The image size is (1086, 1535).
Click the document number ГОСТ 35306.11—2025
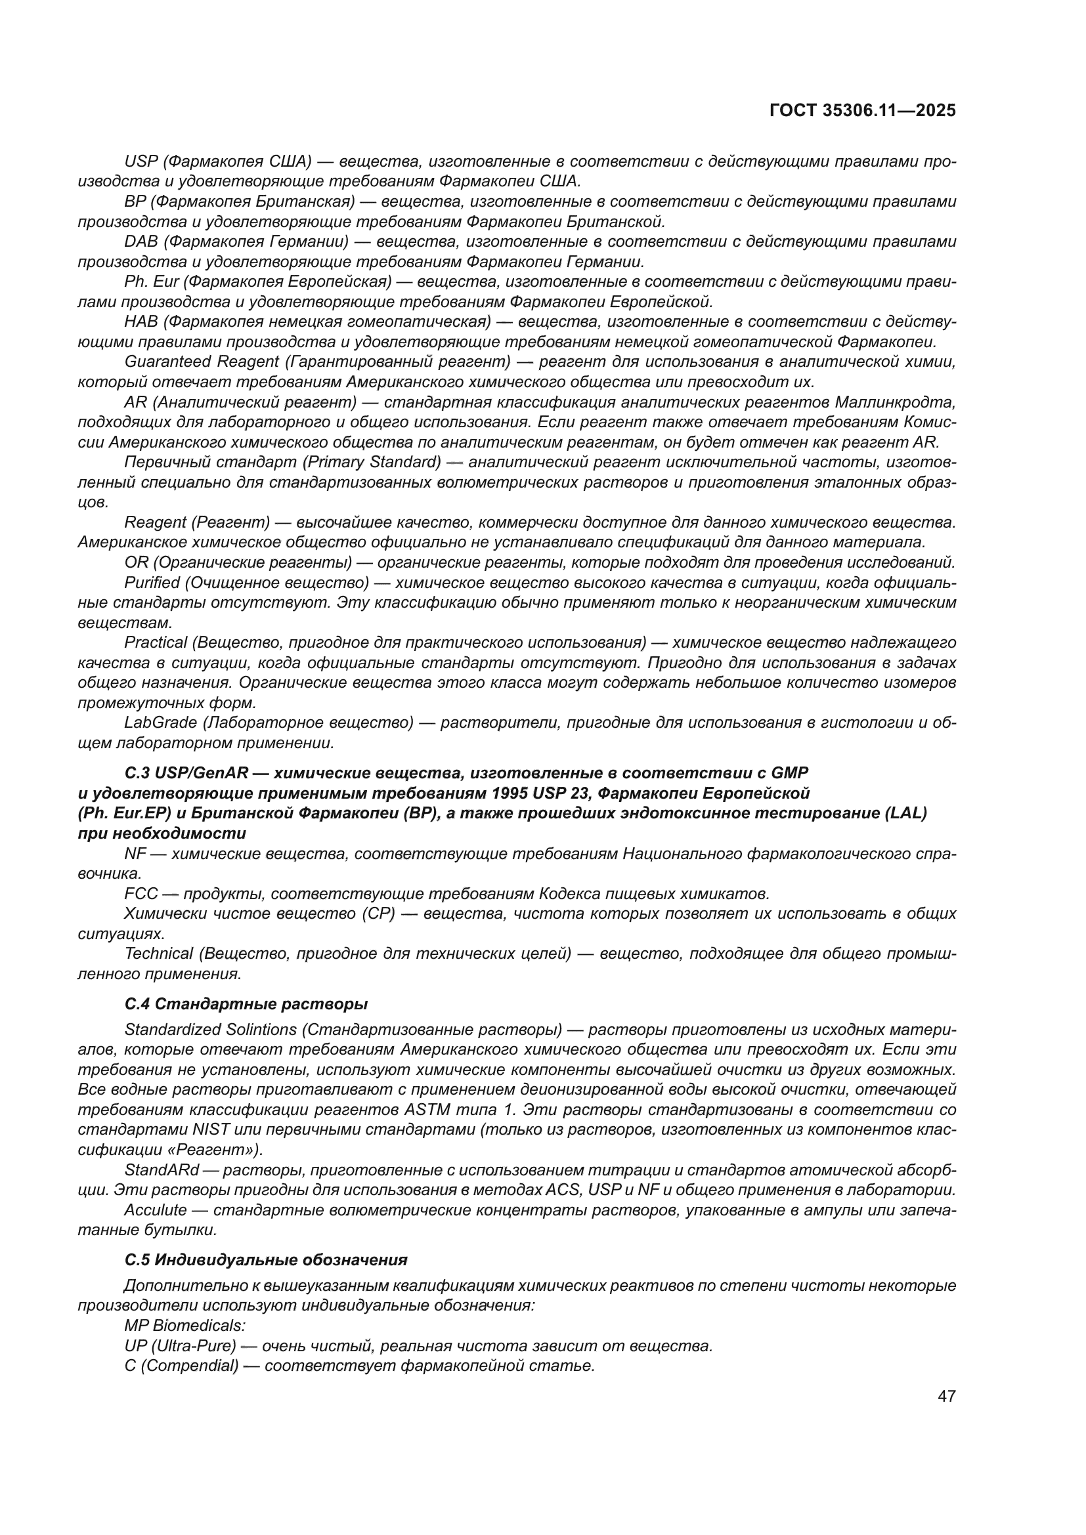862,111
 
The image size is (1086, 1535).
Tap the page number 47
946,1396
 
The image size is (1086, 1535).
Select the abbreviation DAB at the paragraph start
139,242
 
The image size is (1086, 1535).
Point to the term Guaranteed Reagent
202,362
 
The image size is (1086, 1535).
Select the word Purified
152,582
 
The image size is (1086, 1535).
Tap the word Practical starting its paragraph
155,642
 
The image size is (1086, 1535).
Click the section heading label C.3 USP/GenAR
186,773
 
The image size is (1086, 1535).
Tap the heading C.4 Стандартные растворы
246,1004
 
